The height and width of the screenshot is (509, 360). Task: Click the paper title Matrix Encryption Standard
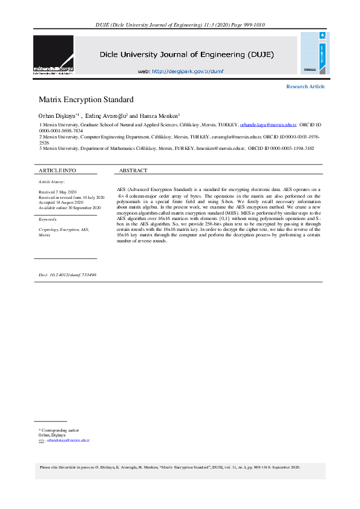[85, 99]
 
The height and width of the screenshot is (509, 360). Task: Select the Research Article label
[305, 86]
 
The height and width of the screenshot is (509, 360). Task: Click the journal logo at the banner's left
[53, 55]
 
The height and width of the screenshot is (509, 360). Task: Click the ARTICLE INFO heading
[57, 170]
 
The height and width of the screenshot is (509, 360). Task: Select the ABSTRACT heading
[133, 170]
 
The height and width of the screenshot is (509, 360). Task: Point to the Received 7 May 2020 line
[56, 192]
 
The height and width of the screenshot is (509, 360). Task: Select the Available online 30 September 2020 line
[69, 207]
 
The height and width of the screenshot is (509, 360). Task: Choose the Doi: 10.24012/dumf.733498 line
[67, 274]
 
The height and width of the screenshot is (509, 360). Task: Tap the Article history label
[51, 181]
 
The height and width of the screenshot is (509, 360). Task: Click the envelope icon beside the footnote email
[41, 441]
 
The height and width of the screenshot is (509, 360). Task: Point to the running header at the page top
[180, 25]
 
